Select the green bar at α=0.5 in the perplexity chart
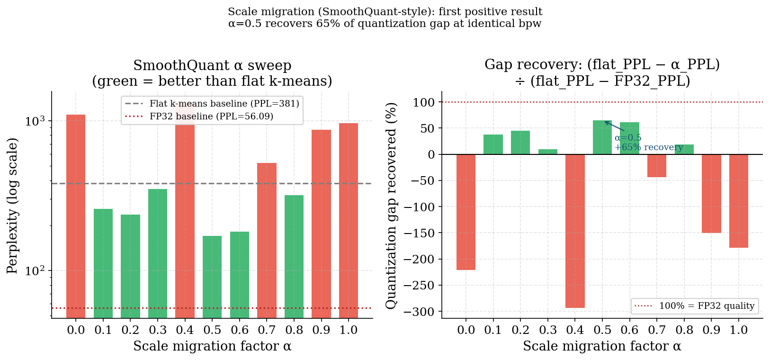pyautogui.click(x=212, y=277)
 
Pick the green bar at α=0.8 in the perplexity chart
pyautogui.click(x=294, y=256)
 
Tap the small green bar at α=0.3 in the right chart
pyautogui.click(x=548, y=152)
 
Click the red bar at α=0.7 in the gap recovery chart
pyautogui.click(x=657, y=166)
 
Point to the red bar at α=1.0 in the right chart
pyautogui.click(x=739, y=201)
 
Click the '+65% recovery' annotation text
pyautogui.click(x=649, y=147)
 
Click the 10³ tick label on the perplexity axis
pyautogui.click(x=36, y=121)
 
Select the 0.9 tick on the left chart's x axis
pyautogui.click(x=321, y=330)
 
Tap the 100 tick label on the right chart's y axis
pyautogui.click(x=424, y=102)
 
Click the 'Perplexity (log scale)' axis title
pyautogui.click(x=12, y=206)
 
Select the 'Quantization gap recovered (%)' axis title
pyautogui.click(x=391, y=206)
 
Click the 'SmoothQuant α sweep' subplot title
pyautogui.click(x=212, y=65)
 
